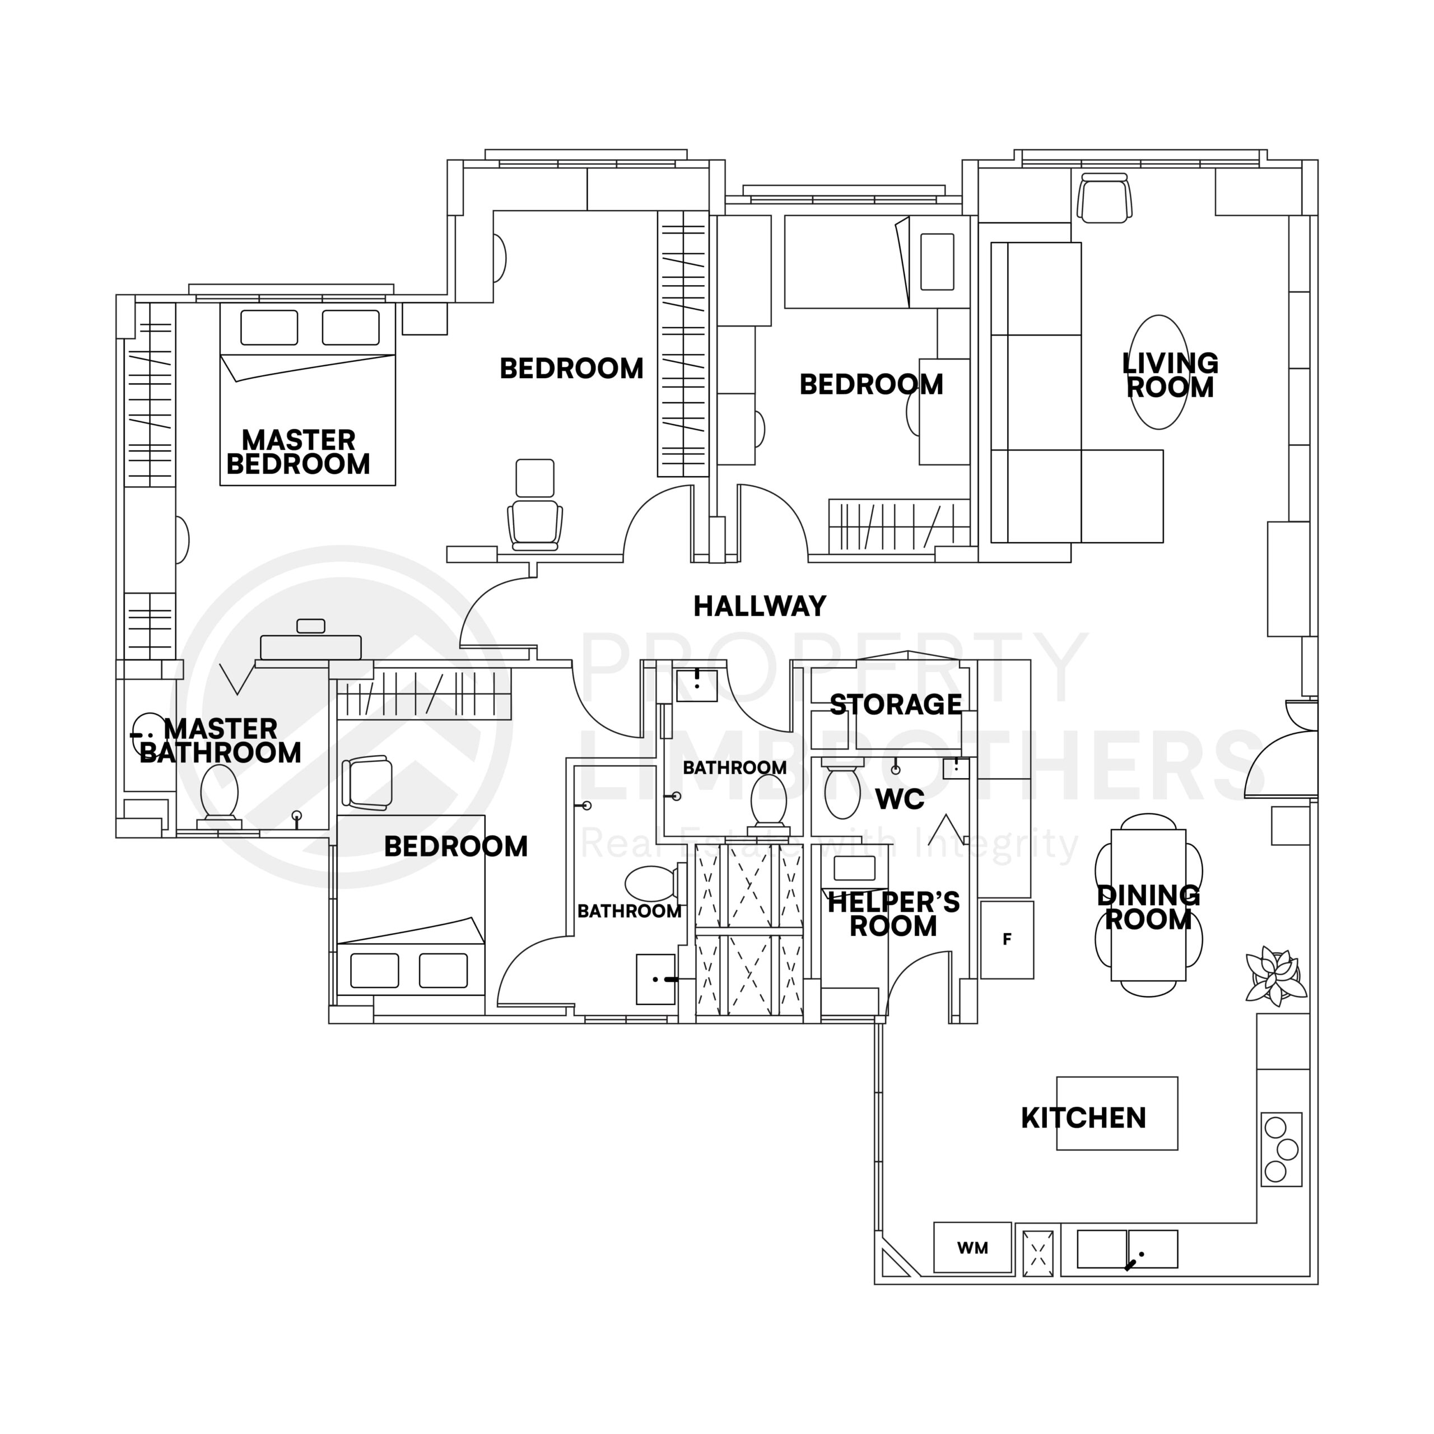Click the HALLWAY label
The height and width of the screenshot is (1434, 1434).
pos(760,607)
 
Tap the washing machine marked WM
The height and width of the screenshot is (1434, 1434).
pos(972,1247)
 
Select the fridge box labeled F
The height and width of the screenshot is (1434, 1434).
pos(1007,940)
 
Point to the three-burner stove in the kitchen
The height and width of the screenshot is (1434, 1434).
pos(1281,1149)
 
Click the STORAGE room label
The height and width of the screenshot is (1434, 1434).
pos(895,704)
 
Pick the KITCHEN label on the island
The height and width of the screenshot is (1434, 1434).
pos(1084,1118)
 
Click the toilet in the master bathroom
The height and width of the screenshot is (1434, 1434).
pos(220,792)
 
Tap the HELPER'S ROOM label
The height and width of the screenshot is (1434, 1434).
pos(893,914)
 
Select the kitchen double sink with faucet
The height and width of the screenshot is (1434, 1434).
pos(1126,1249)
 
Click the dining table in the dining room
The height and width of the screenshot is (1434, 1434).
pos(1148,905)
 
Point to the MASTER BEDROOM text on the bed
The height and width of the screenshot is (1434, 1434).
pos(299,452)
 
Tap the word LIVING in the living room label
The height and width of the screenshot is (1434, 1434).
pos(1170,363)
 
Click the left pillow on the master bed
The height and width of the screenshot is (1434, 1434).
pos(269,327)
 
